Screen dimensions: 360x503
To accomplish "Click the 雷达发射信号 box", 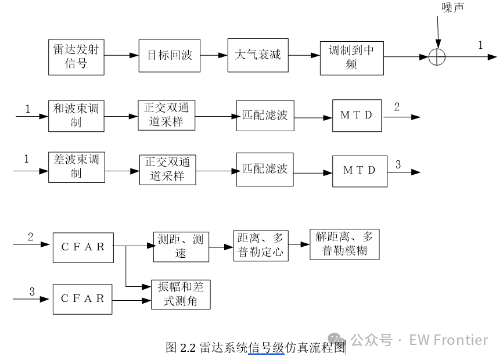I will tap(76, 56).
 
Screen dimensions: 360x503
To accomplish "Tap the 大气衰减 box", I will tap(257, 56).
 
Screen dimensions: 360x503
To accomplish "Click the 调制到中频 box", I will tap(351, 58).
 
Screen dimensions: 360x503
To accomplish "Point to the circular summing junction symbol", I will tap(437, 57).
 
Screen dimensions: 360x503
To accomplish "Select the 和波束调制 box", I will tap(76, 116).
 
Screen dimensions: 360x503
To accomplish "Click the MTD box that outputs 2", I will tap(357, 116).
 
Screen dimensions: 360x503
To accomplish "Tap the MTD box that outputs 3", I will tap(359, 171).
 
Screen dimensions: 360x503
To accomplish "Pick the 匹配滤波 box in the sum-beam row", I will tap(265, 116).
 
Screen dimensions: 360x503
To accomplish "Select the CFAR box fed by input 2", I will tap(83, 247).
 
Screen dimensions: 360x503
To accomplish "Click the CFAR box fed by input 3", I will tap(82, 299).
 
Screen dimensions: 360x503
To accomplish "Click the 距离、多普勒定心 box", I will tap(261, 245).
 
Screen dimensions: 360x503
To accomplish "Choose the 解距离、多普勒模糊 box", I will tap(344, 244).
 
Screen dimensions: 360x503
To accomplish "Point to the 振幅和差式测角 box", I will tap(181, 294).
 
